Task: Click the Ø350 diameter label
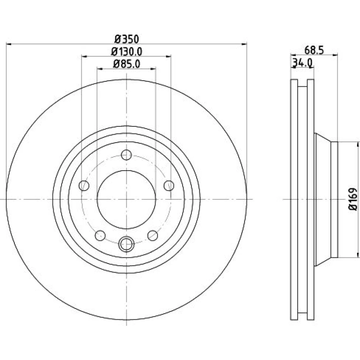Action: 127,39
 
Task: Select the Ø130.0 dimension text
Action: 126,51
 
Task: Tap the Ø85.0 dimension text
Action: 126,64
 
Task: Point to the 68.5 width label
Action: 314,50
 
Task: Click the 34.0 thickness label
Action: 302,63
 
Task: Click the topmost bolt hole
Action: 126,155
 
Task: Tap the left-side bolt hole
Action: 84,185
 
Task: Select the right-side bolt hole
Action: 169,185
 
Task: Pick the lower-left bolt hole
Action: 100,235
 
